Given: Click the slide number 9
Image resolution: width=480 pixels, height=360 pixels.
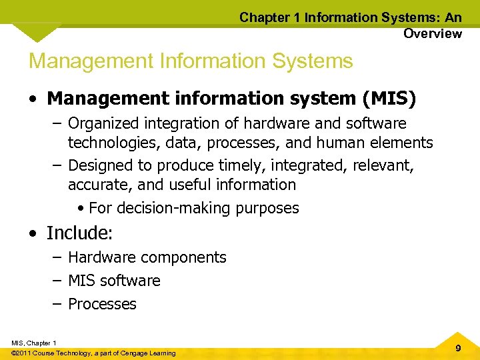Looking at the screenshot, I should pos(457,348).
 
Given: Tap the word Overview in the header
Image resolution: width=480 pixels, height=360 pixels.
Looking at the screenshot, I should pos(432,33).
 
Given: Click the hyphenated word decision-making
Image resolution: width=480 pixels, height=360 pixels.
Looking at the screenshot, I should pos(174,208).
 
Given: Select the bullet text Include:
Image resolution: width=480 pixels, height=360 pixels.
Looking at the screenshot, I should pos(78,233).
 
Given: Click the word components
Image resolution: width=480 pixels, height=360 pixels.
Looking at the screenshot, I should pos(189,257).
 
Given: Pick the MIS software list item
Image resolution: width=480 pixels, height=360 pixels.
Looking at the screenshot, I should pos(114,281).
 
